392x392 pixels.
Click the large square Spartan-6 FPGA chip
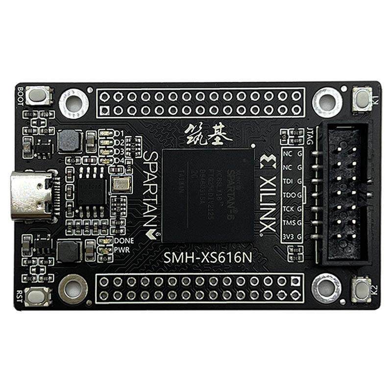point(208,195)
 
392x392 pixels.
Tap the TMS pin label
point(288,224)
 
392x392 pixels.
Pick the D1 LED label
point(119,134)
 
